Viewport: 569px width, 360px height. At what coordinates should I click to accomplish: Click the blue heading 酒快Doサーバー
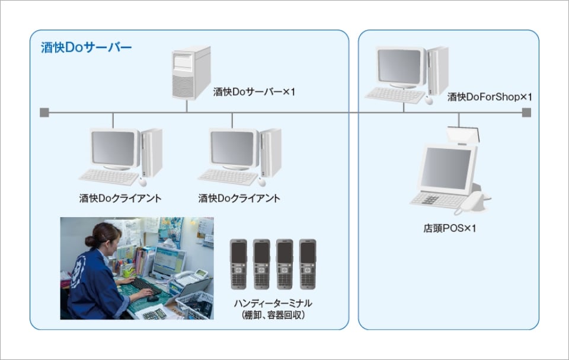(86, 47)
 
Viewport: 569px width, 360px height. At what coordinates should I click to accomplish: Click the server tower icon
(191, 73)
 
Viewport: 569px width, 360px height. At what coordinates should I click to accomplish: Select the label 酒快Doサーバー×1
(254, 92)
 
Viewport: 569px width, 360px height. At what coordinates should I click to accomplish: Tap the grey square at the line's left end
(44, 113)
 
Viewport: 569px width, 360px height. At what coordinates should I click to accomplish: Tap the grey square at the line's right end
(526, 113)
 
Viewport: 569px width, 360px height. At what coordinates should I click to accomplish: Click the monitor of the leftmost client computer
(114, 149)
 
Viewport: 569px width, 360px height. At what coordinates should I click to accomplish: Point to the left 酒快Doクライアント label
(120, 198)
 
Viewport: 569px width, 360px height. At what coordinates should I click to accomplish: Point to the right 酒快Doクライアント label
(239, 198)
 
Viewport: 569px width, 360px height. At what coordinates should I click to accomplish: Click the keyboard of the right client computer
(228, 177)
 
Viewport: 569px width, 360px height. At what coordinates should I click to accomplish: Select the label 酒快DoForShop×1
(490, 97)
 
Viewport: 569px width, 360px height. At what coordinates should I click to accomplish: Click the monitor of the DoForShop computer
(400, 68)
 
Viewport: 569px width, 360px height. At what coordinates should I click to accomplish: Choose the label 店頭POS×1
(450, 228)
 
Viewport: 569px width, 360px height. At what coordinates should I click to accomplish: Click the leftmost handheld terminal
(238, 264)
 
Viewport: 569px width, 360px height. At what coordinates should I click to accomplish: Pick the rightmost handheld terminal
(308, 264)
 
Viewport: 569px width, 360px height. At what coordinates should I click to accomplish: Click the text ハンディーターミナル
(273, 303)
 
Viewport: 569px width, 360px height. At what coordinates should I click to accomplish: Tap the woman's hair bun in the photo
(89, 241)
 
